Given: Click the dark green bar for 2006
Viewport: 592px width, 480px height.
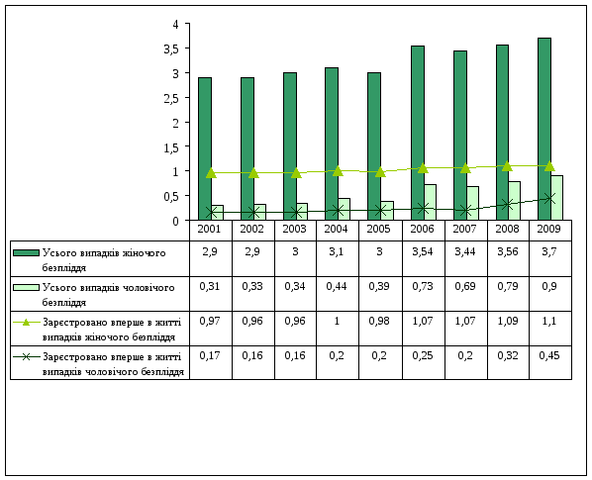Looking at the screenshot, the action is (418, 133).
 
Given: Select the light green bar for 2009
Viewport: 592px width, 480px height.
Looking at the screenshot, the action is (556, 198).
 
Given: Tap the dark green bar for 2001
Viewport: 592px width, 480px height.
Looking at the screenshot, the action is (205, 148).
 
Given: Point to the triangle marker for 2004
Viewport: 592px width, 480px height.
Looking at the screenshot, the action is (338, 171).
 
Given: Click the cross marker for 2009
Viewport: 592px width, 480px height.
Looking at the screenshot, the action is (550, 198).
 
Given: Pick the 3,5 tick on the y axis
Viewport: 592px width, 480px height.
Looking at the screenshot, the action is (187, 48).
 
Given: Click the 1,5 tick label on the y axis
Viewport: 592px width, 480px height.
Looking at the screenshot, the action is (170, 147).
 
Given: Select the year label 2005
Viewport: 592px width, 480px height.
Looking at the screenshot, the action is (378, 229).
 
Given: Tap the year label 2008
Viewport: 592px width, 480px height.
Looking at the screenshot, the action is (507, 229).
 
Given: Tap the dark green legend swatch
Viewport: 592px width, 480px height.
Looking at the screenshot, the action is (26, 252).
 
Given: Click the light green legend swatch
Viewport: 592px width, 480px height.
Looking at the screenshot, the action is (26, 288).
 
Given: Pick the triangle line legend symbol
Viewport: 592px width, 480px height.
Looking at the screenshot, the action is (26, 323).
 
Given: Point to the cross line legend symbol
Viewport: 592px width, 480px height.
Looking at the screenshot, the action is (26, 357).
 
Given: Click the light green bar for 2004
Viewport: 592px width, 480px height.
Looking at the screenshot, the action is (344, 209).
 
